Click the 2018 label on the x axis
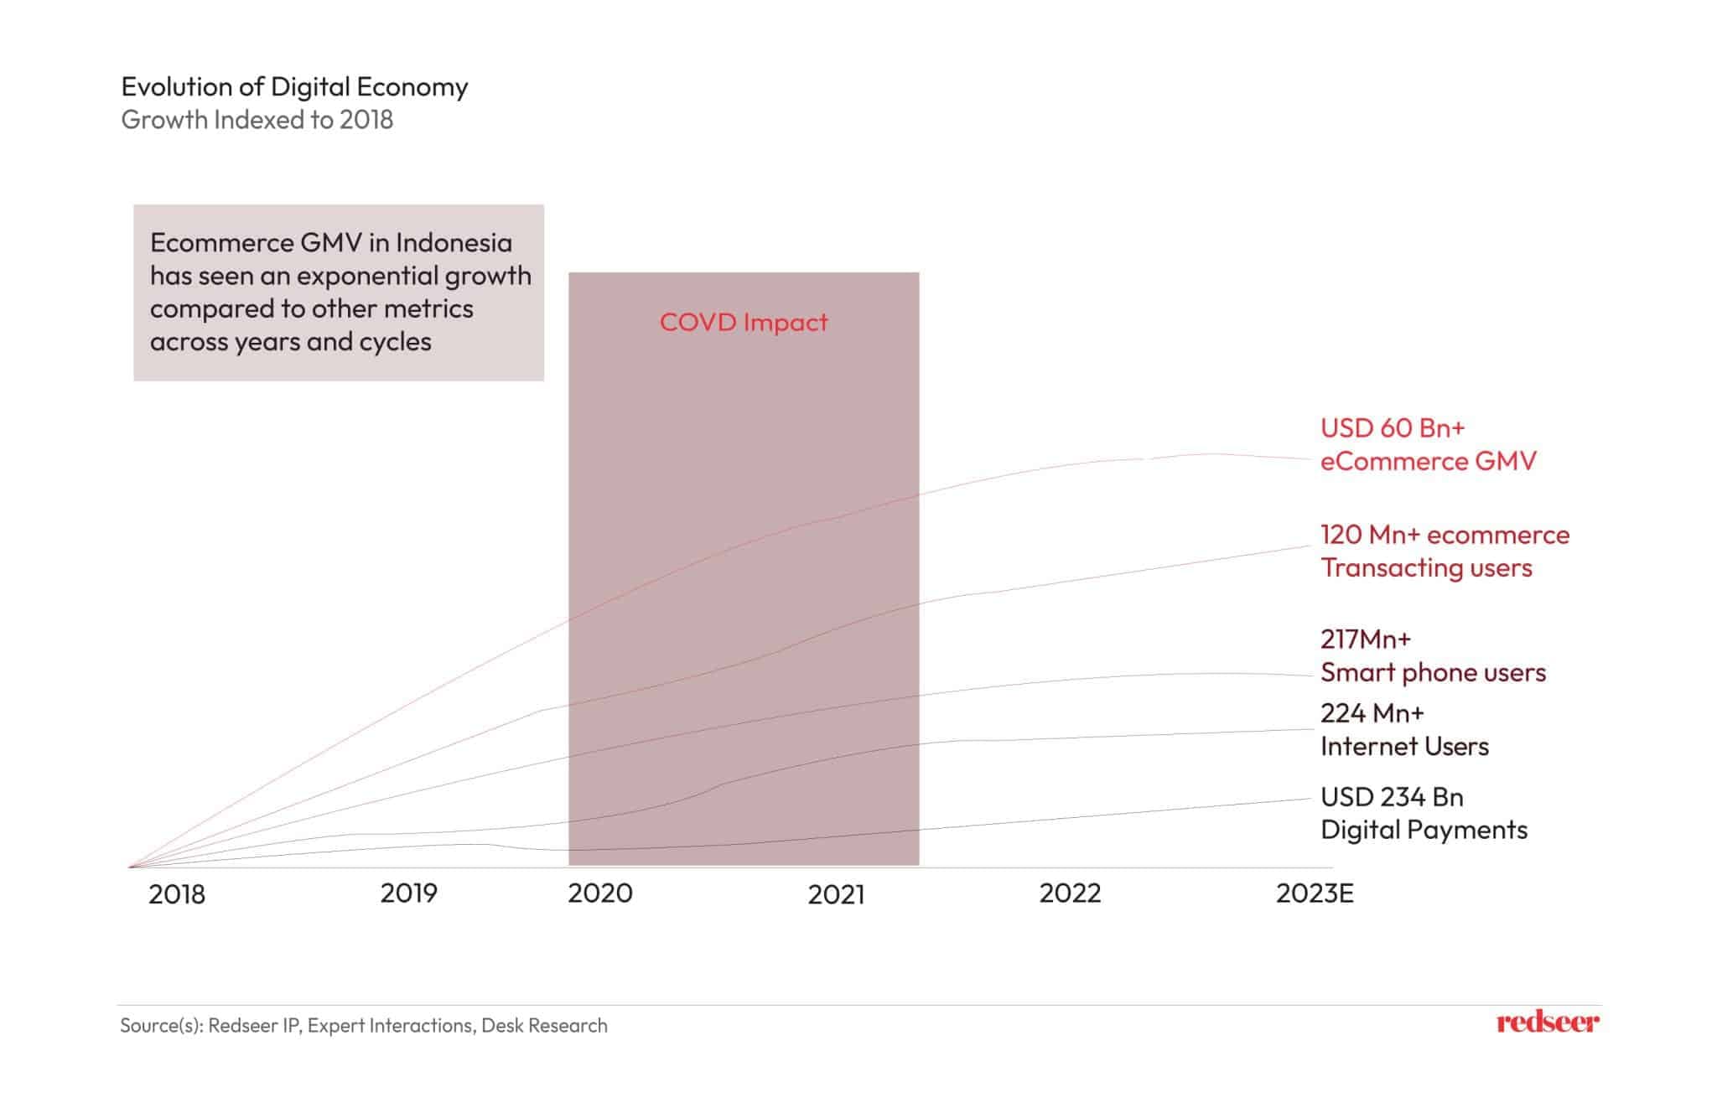pyautogui.click(x=177, y=894)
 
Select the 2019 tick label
pyautogui.click(x=408, y=893)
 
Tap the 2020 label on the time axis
pyautogui.click(x=600, y=893)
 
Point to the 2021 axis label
pyautogui.click(x=836, y=894)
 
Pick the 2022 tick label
pyautogui.click(x=1070, y=893)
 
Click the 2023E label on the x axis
pyautogui.click(x=1315, y=893)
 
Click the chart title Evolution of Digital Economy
pyautogui.click(x=294, y=86)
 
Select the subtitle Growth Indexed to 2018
pyautogui.click(x=257, y=120)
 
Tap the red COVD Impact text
pyautogui.click(x=744, y=322)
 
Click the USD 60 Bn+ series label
pyautogui.click(x=1393, y=428)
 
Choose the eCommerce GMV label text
pyautogui.click(x=1428, y=461)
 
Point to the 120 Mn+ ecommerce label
pyautogui.click(x=1445, y=535)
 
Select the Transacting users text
pyautogui.click(x=1426, y=568)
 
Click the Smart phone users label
pyautogui.click(x=1433, y=672)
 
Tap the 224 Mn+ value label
pyautogui.click(x=1372, y=713)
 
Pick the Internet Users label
pyautogui.click(x=1404, y=746)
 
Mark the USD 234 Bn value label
pyautogui.click(x=1392, y=796)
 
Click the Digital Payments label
pyautogui.click(x=1424, y=830)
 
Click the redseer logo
pyautogui.click(x=1548, y=1022)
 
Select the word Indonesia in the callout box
pyautogui.click(x=454, y=243)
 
